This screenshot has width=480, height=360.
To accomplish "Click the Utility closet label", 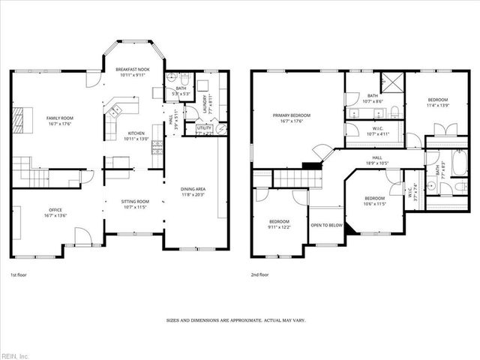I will [204, 128].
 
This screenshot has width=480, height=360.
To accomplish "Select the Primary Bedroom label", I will [292, 115].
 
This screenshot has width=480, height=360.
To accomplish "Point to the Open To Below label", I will [328, 225].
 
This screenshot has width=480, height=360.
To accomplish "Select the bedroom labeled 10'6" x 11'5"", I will [375, 200].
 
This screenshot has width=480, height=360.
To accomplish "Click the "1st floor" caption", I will [19, 275].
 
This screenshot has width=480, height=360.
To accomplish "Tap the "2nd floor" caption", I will [260, 275].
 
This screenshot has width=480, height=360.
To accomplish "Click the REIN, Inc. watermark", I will [15, 355].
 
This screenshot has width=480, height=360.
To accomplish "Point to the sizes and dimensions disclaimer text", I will [235, 320].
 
